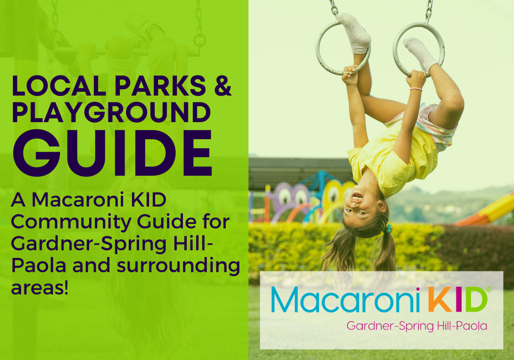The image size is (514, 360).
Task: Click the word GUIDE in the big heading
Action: pos(112,153)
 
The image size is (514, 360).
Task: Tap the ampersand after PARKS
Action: pos(223,85)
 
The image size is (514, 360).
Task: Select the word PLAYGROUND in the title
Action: pos(111,112)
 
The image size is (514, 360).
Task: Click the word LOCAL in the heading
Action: pos(59,85)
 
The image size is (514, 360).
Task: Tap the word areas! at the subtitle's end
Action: pos(40,288)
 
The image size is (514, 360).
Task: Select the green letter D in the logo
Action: pos(476,299)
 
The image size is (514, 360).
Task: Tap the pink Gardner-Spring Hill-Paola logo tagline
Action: pos(417,326)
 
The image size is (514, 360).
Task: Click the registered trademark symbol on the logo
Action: pos(489,290)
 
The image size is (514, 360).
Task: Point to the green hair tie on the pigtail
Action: pos(389,229)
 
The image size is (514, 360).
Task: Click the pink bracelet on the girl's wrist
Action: pos(416,89)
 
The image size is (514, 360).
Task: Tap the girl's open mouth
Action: pos(357,197)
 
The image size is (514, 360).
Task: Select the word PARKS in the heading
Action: pos(160,85)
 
